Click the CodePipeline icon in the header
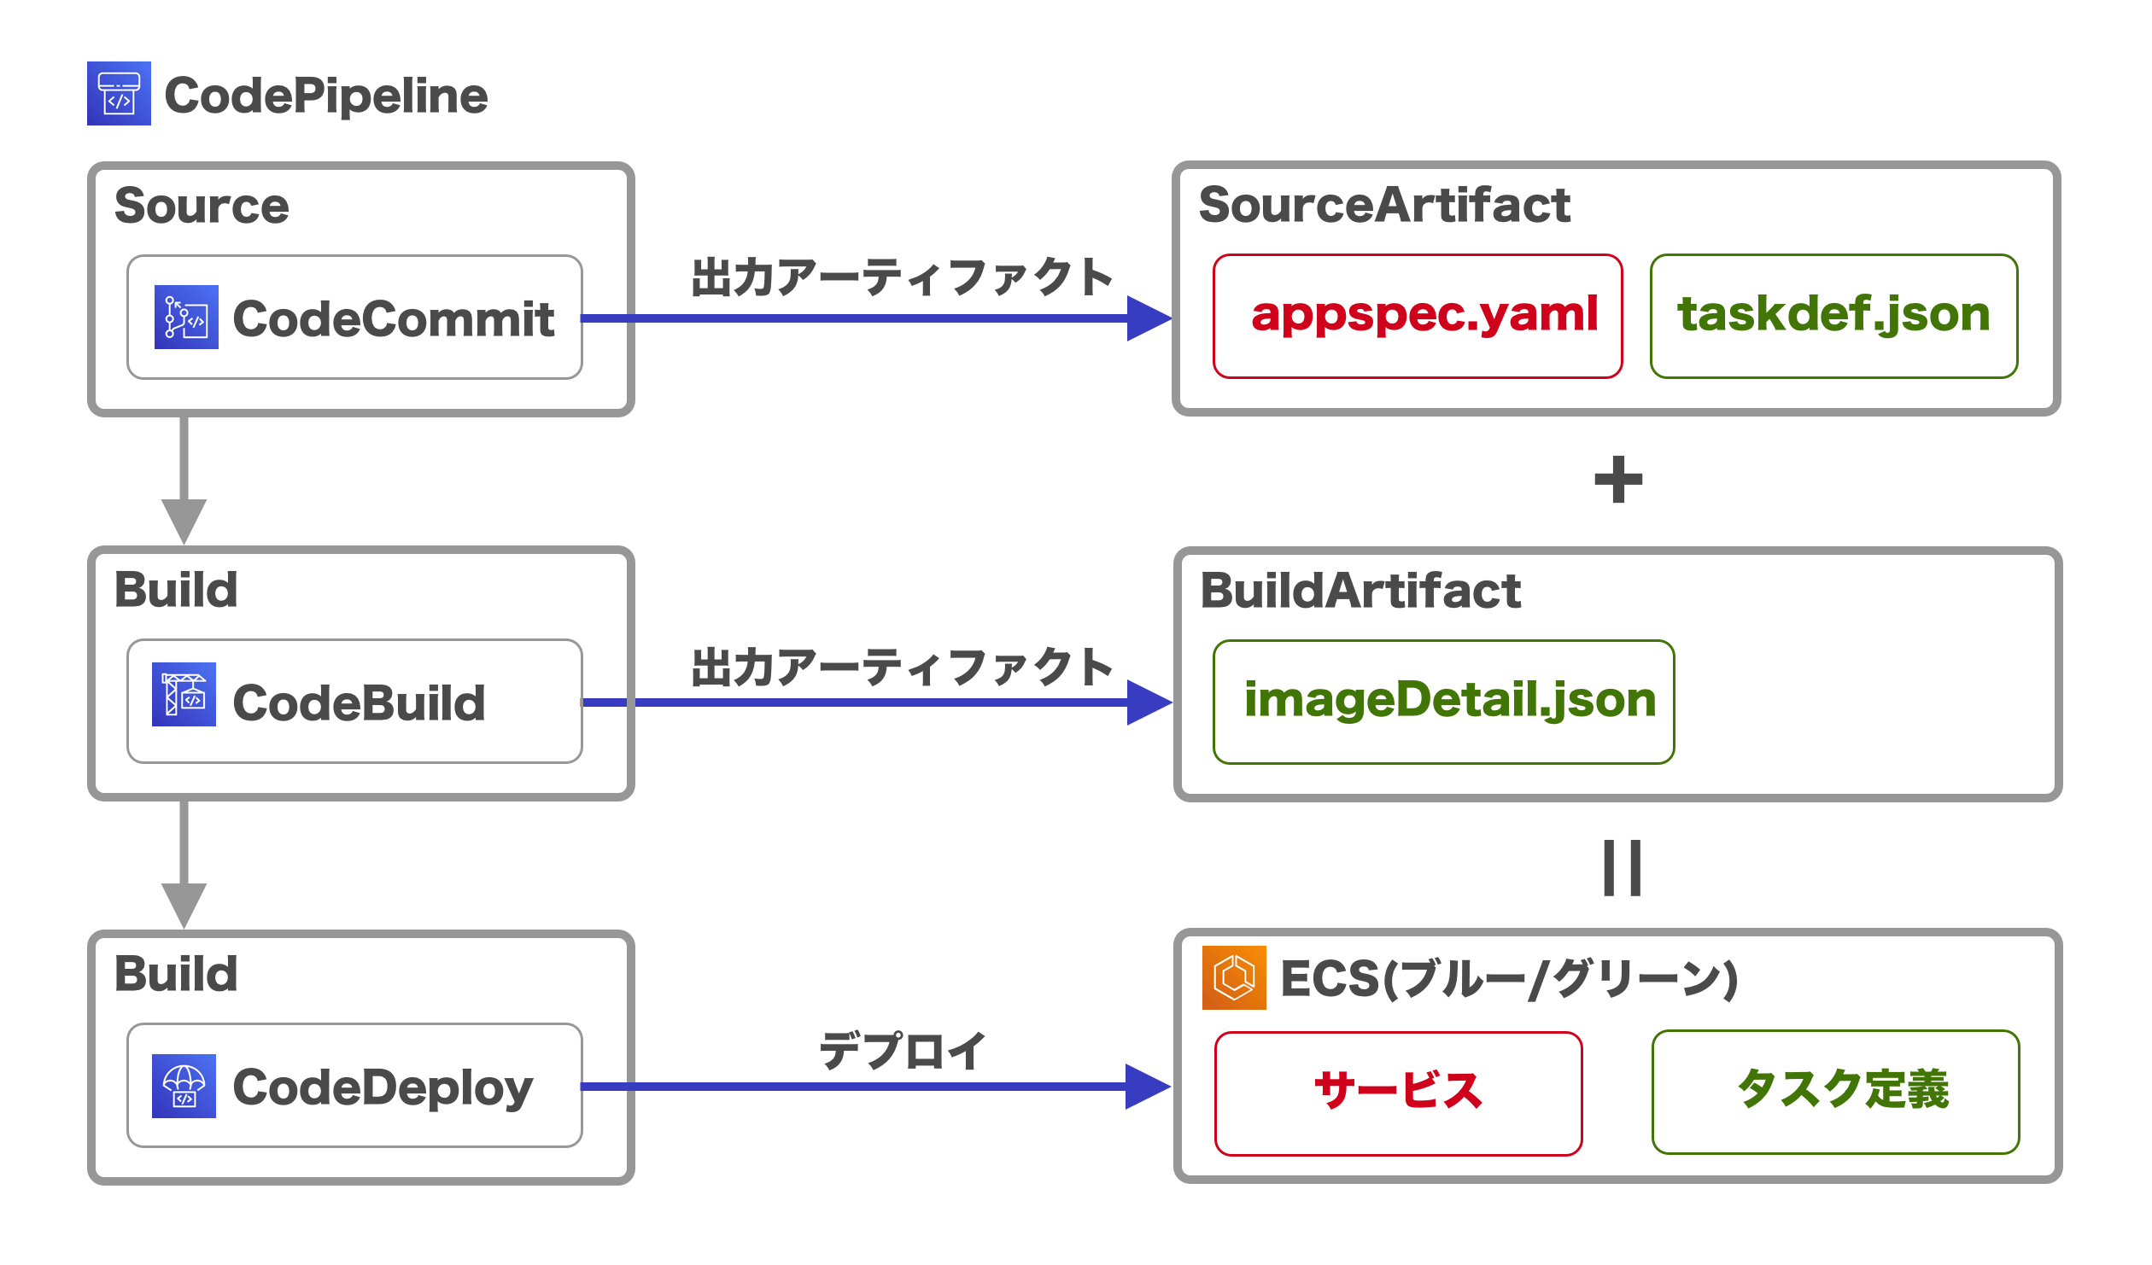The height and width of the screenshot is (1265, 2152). point(119,94)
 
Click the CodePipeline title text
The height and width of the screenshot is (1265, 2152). point(325,96)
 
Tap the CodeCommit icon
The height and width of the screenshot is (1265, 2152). point(186,318)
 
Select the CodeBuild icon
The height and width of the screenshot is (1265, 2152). point(184,695)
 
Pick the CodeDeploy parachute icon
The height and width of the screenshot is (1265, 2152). point(184,1087)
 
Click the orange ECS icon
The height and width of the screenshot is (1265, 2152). point(1234,978)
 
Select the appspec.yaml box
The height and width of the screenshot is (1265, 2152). point(1418,316)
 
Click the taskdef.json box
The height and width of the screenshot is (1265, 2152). point(1833,316)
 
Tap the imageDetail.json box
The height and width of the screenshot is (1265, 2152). point(1443,702)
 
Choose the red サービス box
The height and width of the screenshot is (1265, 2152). point(1398,1093)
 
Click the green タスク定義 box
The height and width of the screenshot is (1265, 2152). point(1835,1092)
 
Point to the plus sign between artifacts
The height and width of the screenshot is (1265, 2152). point(1618,480)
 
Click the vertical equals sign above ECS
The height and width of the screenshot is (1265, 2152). point(1622,868)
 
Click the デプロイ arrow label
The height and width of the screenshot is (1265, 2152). point(903,1051)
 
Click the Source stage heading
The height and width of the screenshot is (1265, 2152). point(202,207)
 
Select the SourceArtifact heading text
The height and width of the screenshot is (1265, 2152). point(1383,206)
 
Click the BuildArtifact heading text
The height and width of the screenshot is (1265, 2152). point(1360,592)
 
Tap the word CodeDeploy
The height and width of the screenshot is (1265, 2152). point(383,1088)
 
